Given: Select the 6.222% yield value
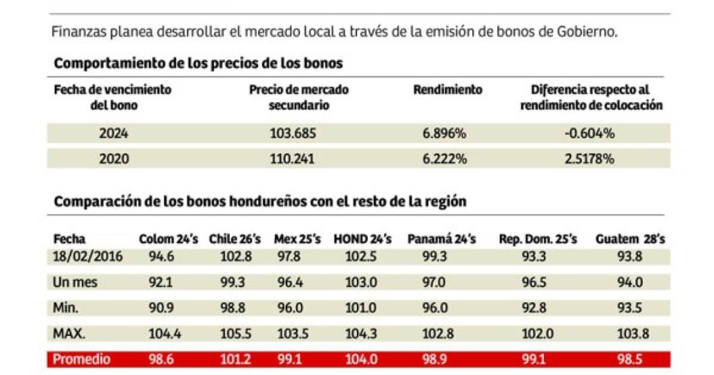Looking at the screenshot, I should pyautogui.click(x=444, y=159).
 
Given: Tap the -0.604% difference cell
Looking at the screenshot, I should pyautogui.click(x=590, y=133).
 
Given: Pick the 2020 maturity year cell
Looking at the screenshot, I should pyautogui.click(x=114, y=159).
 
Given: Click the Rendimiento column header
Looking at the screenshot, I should pyautogui.click(x=447, y=90).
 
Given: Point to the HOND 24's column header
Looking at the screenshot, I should pyautogui.click(x=362, y=239).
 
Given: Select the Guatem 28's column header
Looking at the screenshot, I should pyautogui.click(x=630, y=239).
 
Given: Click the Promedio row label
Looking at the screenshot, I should pyautogui.click(x=82, y=360).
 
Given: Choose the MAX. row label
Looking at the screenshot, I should pyautogui.click(x=68, y=334).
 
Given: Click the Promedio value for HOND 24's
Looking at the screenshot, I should pyautogui.click(x=361, y=360).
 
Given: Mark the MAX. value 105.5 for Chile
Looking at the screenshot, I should pyautogui.click(x=231, y=334).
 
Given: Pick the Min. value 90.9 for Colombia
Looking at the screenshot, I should pyautogui.click(x=161, y=308).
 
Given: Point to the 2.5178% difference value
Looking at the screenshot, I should pyautogui.click(x=590, y=159).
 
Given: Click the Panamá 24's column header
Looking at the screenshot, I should pyautogui.click(x=441, y=239).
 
